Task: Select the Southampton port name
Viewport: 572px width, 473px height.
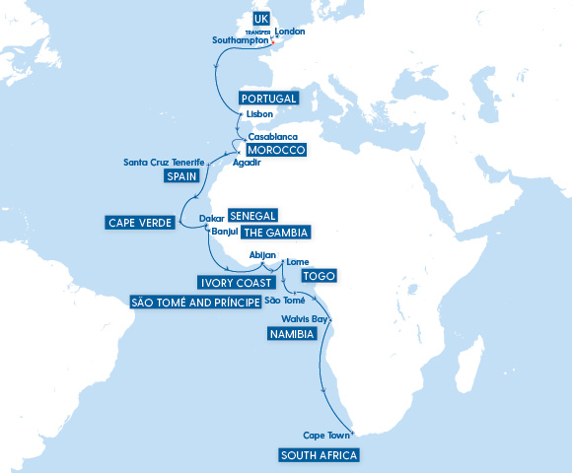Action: coord(241,40)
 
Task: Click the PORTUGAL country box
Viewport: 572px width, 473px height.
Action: coord(268,99)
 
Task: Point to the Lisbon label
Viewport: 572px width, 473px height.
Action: coord(259,114)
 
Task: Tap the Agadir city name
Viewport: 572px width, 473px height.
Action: coord(247,163)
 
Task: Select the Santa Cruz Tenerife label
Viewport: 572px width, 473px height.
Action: coord(164,162)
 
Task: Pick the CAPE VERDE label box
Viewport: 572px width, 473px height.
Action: coord(140,223)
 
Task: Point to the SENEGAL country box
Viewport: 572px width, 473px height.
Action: coord(252,216)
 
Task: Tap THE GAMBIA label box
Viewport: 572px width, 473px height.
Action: coord(275,233)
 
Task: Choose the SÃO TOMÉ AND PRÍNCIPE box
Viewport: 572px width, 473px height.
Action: coord(195,302)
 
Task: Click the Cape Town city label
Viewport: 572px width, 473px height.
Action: coord(327,435)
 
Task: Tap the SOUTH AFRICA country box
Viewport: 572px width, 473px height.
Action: coord(319,455)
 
